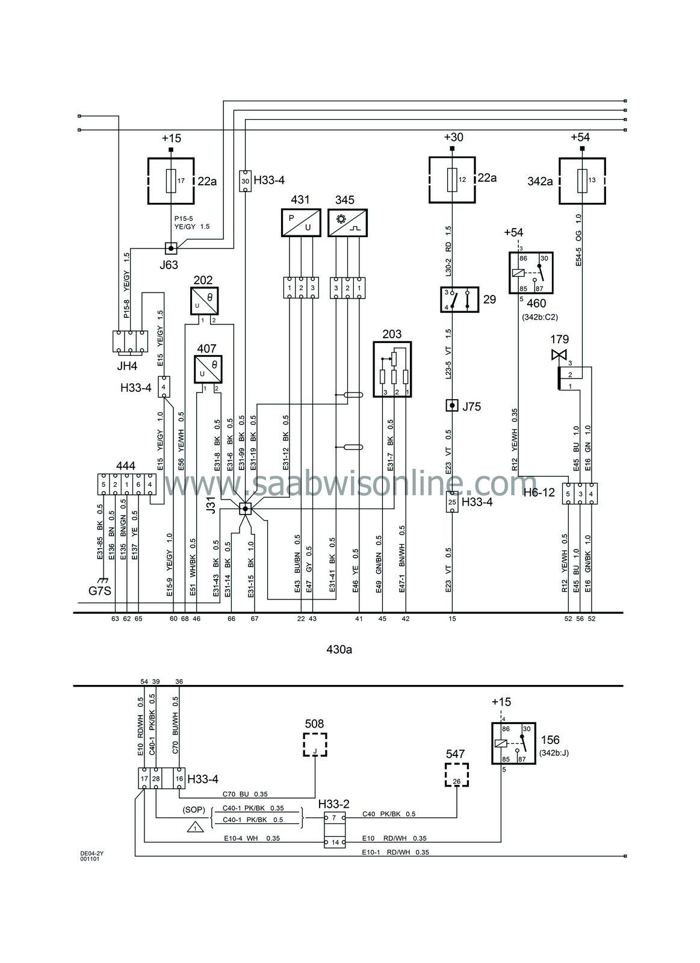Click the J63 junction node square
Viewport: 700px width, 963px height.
coord(171,247)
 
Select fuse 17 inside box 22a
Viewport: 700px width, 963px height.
coord(171,180)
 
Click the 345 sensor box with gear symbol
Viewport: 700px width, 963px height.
coord(347,223)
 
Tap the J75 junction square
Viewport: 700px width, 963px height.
coord(451,406)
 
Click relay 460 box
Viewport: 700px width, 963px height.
coord(530,272)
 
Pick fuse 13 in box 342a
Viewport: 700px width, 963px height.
coord(581,180)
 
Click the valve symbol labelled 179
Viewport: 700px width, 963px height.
coord(559,356)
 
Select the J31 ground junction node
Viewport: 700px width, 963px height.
coord(245,509)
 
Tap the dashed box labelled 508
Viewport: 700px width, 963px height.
coord(315,745)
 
